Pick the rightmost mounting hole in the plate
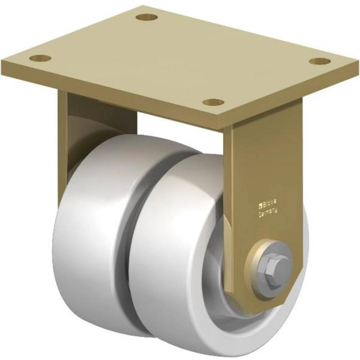tap(319, 61)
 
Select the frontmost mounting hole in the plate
tap(213, 102)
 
